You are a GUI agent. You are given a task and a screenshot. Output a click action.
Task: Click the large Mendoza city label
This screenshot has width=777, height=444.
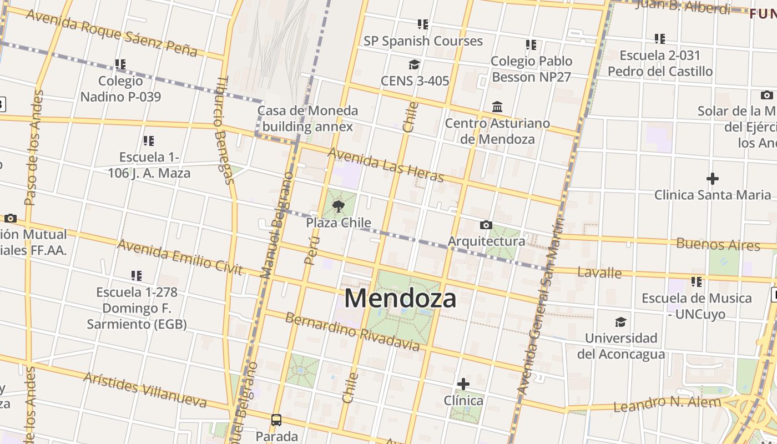coord(400,298)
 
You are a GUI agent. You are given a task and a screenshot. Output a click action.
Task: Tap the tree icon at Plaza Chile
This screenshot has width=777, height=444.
coord(338,207)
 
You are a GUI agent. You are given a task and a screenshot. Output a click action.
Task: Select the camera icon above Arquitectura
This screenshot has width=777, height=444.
coord(486,225)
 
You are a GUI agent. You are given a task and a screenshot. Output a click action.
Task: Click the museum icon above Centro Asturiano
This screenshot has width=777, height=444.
coord(497,107)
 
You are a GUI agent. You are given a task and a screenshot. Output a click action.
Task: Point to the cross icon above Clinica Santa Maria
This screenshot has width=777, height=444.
coord(712,179)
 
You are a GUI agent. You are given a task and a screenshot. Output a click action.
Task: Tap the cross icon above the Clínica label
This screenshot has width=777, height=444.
coord(463,384)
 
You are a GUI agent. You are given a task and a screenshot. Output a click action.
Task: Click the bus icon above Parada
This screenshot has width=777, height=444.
coord(276,420)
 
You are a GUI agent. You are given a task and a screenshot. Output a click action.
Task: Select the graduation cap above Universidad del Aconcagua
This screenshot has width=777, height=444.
coord(620,322)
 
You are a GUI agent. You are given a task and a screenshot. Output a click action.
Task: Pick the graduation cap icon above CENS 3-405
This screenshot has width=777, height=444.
coord(414,64)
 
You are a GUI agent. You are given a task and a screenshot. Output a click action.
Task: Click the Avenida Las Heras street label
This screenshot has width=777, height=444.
coord(386,164)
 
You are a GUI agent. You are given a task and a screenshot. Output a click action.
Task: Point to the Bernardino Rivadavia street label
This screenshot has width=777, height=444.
coord(352,332)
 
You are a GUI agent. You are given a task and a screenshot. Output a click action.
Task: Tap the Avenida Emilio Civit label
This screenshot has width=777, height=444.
coord(180,257)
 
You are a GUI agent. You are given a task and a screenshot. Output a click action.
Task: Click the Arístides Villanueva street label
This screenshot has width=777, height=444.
coord(145,390)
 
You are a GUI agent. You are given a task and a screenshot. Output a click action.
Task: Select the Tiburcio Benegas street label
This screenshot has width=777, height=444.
coord(223,130)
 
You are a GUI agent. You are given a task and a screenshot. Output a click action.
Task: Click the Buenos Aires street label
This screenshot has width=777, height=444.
coord(718,244)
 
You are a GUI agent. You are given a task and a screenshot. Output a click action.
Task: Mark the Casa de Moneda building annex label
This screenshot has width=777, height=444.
coord(307,118)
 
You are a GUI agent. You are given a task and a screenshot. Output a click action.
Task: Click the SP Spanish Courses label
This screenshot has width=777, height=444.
coord(423,41)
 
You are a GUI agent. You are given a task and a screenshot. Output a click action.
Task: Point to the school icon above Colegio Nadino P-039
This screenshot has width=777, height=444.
coord(120,64)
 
